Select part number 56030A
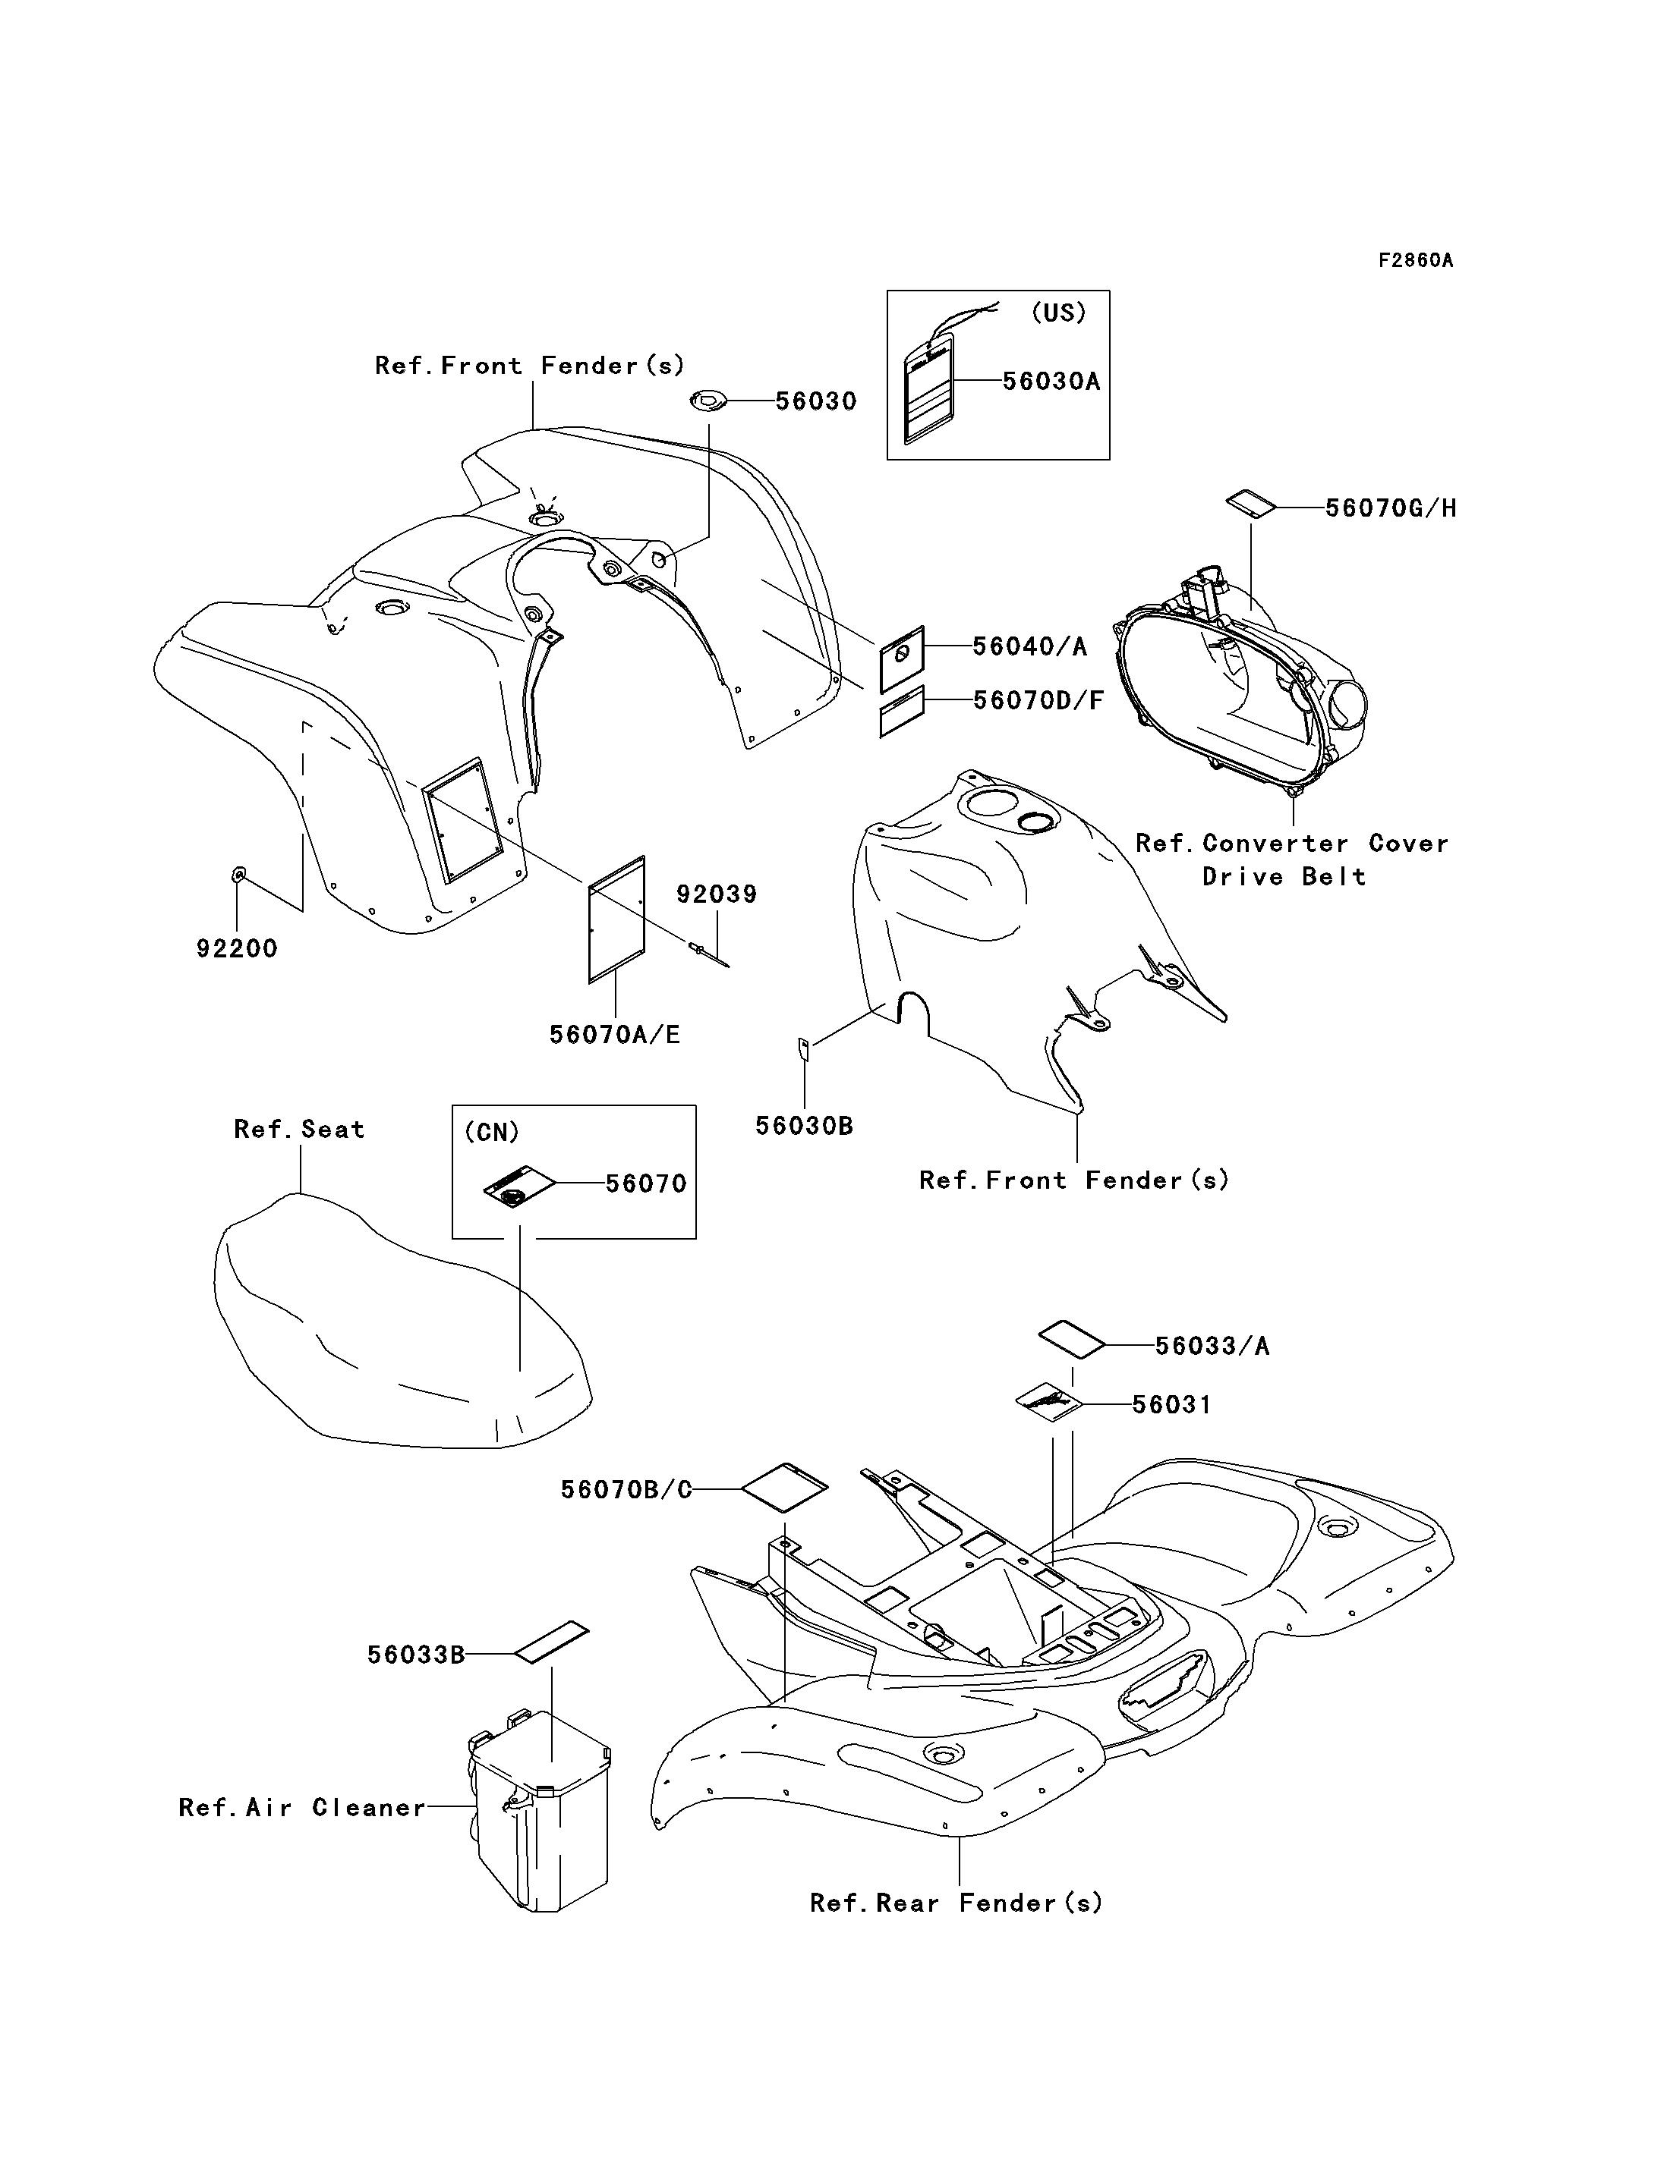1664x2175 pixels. click(1051, 381)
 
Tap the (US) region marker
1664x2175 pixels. click(1057, 313)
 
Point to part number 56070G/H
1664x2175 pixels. click(1391, 508)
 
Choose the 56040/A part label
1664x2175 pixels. click(1029, 646)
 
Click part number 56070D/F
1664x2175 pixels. click(1038, 700)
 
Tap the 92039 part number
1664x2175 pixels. click(716, 894)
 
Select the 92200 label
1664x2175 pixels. click(237, 948)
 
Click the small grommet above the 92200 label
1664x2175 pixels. click(238, 873)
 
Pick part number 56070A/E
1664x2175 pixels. click(615, 1035)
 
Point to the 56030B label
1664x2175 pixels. click(804, 1126)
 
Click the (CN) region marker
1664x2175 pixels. click(491, 1132)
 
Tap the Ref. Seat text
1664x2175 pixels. click(299, 1130)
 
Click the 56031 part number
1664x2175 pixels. click(1172, 1405)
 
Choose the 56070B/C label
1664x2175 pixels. click(626, 1490)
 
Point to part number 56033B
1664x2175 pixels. click(416, 1655)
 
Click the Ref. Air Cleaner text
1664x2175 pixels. click(302, 1808)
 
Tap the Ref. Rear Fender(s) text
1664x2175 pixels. click(956, 1903)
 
